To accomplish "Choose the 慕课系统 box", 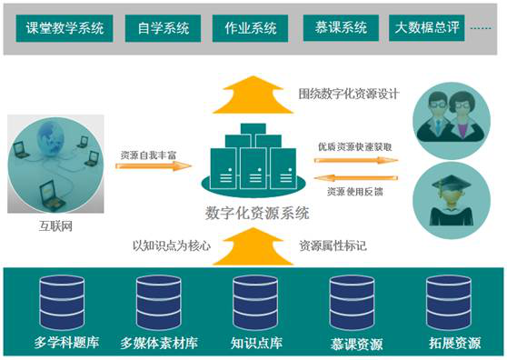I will [338, 27].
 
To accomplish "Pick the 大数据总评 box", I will [425, 27].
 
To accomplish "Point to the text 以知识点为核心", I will [171, 245].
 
